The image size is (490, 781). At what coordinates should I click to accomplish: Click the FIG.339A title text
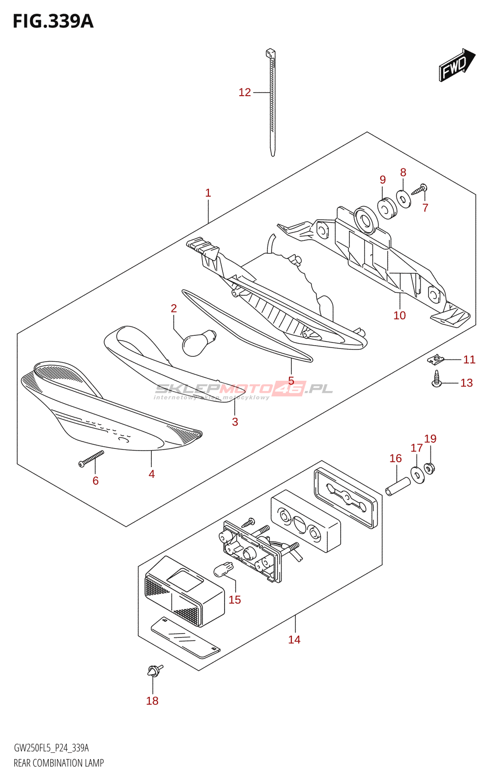[53, 22]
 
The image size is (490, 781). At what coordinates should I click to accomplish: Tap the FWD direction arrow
[457, 65]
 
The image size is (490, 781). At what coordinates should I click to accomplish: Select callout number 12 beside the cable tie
[245, 92]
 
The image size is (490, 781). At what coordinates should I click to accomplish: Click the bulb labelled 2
[198, 342]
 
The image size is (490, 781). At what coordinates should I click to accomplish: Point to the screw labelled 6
[91, 459]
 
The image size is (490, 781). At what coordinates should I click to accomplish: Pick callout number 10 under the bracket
[399, 315]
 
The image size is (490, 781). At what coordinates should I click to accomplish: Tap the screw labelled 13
[436, 379]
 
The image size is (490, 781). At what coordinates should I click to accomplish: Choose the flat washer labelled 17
[417, 474]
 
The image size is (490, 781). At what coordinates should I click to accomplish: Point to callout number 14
[294, 639]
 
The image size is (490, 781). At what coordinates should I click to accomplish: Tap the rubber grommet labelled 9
[387, 209]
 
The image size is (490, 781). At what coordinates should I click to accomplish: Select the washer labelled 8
[404, 199]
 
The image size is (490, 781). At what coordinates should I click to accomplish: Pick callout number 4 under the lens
[151, 474]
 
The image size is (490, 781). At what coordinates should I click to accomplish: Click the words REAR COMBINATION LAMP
[59, 763]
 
